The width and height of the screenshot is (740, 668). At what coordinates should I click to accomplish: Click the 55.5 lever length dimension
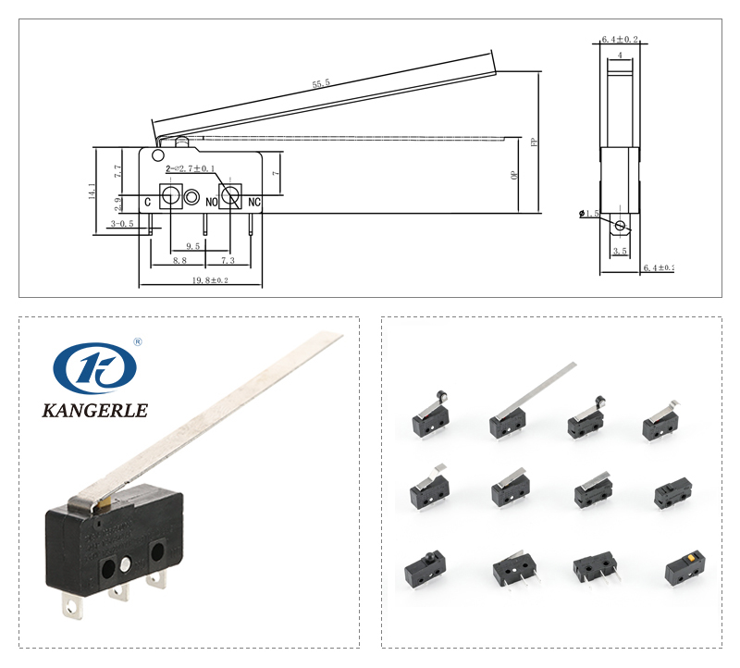pos(321,84)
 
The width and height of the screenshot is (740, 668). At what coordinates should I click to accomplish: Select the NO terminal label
pos(212,201)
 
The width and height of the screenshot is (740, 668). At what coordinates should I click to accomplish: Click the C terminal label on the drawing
pos(148,201)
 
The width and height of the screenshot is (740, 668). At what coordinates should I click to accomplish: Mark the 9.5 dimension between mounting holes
pos(192,246)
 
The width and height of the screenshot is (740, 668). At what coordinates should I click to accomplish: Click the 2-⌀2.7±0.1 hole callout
pos(191,169)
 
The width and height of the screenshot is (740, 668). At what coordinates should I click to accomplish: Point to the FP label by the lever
pos(534,142)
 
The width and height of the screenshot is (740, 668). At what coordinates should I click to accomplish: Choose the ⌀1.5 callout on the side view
pos(590,214)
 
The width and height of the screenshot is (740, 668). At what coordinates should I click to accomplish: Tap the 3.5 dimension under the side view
pos(620,251)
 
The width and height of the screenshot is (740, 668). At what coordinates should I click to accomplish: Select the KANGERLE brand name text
pos(95,410)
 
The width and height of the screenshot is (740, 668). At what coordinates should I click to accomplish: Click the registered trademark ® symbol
pos(138,341)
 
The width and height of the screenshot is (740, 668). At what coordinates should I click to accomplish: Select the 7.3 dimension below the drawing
pos(228,262)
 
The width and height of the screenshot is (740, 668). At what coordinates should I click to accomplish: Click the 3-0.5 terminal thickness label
pos(122,224)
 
